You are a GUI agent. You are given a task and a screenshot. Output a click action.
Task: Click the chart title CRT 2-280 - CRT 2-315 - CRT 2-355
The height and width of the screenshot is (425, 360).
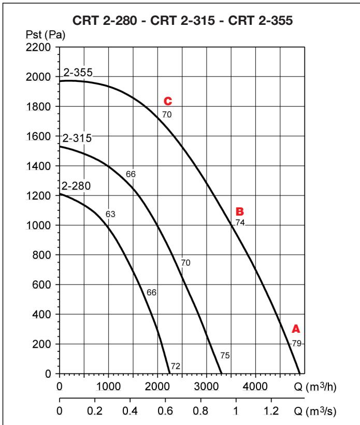[x=180, y=24]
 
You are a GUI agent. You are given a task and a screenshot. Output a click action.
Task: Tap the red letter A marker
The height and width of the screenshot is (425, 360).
[x=296, y=329]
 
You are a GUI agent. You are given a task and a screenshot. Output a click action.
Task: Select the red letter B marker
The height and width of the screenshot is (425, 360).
[x=239, y=211]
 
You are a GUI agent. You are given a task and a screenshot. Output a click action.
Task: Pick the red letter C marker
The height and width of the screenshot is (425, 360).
[x=167, y=101]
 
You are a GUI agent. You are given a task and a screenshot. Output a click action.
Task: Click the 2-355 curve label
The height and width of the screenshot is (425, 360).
[x=78, y=73]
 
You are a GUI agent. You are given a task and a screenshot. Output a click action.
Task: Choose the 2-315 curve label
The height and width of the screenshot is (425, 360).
[x=77, y=139]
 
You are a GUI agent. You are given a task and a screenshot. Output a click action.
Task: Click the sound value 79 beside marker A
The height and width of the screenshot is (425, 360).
[x=296, y=343]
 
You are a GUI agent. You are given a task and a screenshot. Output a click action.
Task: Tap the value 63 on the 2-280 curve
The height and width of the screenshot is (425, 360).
[x=110, y=214]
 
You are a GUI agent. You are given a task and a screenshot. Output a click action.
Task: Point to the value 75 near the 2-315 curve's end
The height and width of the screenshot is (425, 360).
[x=225, y=356]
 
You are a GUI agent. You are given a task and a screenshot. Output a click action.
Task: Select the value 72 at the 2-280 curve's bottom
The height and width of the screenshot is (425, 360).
[x=175, y=366]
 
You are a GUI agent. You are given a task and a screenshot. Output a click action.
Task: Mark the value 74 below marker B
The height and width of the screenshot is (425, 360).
[x=240, y=222]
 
